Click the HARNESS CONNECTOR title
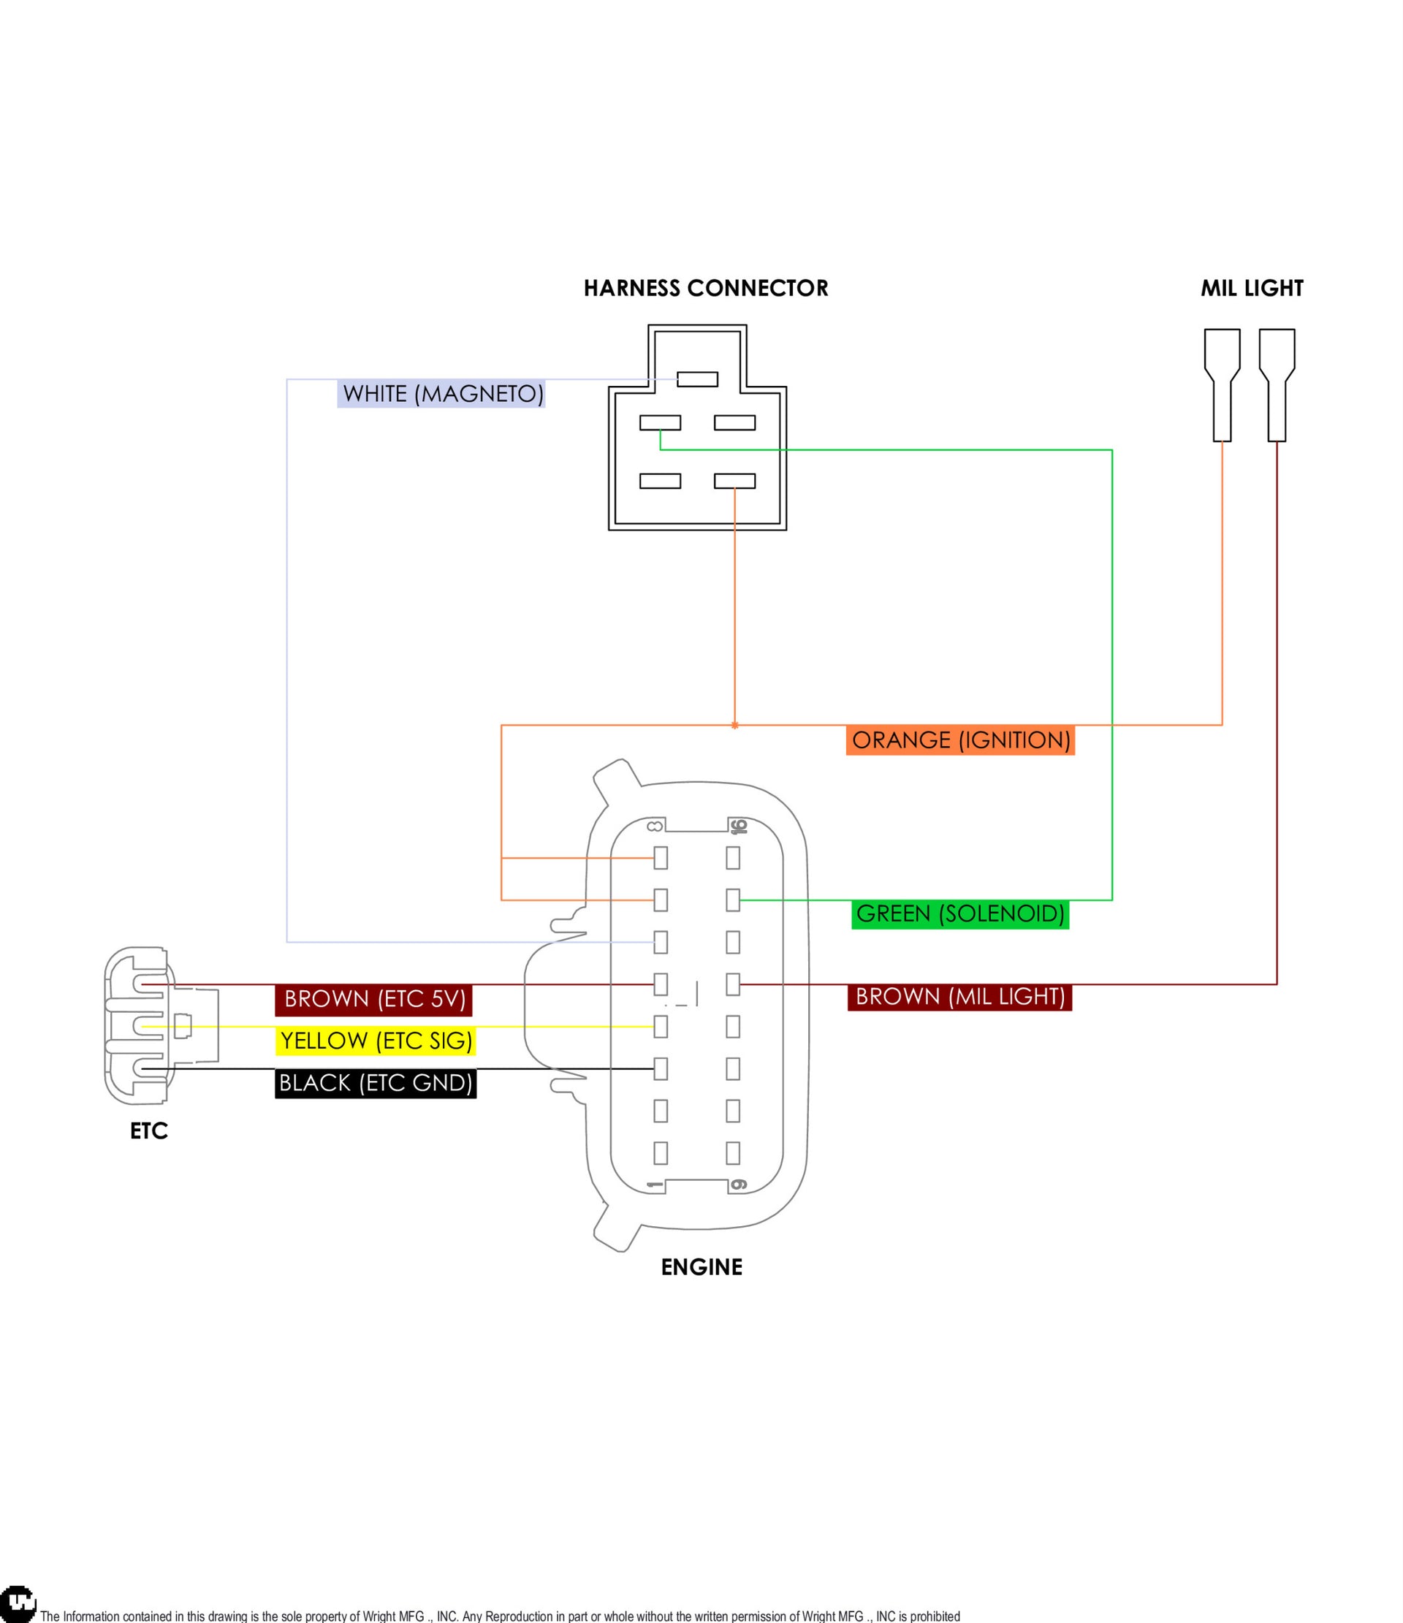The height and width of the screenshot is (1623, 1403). (705, 288)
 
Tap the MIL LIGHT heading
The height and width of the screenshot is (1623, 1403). (1251, 288)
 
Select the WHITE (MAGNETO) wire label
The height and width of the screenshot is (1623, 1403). (442, 393)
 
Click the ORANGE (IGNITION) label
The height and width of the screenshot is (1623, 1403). (959, 740)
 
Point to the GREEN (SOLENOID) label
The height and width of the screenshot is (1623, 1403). (959, 913)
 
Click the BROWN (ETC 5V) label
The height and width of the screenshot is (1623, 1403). (373, 999)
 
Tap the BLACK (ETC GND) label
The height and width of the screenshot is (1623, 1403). (376, 1082)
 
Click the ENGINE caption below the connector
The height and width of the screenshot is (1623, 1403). (701, 1267)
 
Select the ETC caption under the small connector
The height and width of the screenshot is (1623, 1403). (149, 1131)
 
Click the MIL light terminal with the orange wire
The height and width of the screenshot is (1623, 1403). (1221, 384)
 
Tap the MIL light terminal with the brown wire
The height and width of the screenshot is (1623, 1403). (1276, 384)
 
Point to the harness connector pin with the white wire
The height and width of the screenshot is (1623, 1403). (697, 379)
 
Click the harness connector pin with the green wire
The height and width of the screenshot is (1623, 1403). (660, 423)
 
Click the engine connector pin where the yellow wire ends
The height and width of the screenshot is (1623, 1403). (661, 1026)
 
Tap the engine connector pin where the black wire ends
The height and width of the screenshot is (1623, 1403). (661, 1068)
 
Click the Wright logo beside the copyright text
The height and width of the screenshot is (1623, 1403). (18, 1603)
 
